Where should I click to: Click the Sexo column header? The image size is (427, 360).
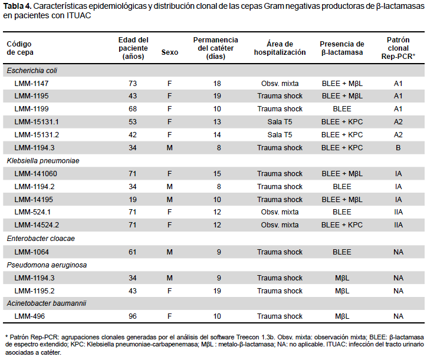[x=170, y=52]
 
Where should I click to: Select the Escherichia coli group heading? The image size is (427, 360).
[x=32, y=71]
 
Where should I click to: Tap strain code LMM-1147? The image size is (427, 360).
[x=31, y=84]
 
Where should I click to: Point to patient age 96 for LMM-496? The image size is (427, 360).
[x=133, y=316]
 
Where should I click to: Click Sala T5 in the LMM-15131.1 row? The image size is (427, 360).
[x=280, y=121]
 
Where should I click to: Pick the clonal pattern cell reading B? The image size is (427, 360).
[x=398, y=148]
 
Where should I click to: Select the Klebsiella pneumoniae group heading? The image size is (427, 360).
[x=43, y=161]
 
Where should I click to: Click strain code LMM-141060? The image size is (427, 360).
[x=35, y=174]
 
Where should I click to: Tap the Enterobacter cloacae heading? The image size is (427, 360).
[x=41, y=239]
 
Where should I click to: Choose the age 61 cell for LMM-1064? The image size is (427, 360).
[x=133, y=252]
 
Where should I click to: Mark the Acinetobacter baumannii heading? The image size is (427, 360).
[x=47, y=303]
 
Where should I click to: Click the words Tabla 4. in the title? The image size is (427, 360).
[x=17, y=6]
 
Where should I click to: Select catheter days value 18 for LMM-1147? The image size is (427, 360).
[x=217, y=84]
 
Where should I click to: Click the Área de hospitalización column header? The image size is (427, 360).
[x=280, y=48]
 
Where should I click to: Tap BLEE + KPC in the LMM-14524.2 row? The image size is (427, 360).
[x=342, y=225]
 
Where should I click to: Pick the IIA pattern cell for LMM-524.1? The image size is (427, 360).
[x=398, y=212]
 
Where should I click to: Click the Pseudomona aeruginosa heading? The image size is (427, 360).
[x=47, y=265]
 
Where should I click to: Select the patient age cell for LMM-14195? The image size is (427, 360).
[x=133, y=200]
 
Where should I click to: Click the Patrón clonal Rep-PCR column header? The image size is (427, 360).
[x=398, y=48]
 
